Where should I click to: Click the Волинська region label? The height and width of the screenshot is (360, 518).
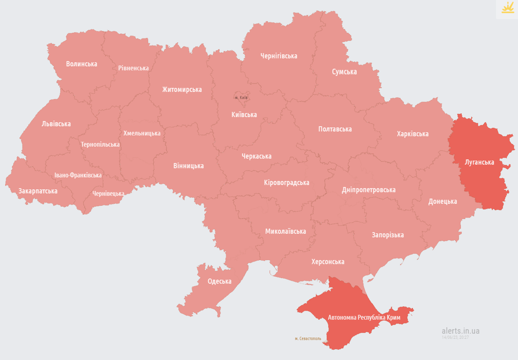(82, 64)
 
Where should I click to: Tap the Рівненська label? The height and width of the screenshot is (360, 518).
(133, 68)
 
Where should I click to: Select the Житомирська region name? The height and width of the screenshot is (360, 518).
(182, 89)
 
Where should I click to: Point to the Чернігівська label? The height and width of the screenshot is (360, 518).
(279, 56)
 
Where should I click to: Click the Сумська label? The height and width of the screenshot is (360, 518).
(344, 72)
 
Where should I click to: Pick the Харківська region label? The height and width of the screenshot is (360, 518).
(413, 134)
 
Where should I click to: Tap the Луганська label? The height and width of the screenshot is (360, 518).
(479, 162)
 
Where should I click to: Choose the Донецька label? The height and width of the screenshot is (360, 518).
(443, 202)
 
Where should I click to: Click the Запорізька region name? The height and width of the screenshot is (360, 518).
(388, 235)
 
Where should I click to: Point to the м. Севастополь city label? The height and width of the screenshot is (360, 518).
(308, 338)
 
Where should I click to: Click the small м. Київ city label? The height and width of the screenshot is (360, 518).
(241, 97)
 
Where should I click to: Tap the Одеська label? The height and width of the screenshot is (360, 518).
(219, 281)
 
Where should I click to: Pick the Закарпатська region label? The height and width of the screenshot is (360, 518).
(38, 191)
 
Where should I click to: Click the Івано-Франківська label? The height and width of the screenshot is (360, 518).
(78, 175)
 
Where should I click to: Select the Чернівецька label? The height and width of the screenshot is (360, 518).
(108, 194)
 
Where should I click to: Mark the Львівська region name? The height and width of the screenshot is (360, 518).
(56, 124)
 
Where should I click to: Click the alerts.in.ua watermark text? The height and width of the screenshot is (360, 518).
(460, 330)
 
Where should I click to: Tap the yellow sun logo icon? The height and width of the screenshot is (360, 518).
(508, 8)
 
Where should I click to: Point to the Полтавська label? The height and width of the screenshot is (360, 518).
(335, 129)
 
